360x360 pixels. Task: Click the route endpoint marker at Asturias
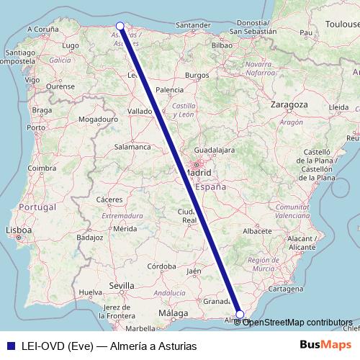pos(120,26)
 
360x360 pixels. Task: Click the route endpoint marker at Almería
pos(240,314)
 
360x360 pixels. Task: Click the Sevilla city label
pos(122,286)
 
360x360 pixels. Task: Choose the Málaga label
pos(173,314)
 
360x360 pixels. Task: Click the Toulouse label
pos(342,24)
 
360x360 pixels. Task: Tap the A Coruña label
pos(42,30)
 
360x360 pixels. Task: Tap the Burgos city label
pos(197,75)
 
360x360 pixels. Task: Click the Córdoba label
pos(163,266)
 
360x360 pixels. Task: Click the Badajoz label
pos(90,236)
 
